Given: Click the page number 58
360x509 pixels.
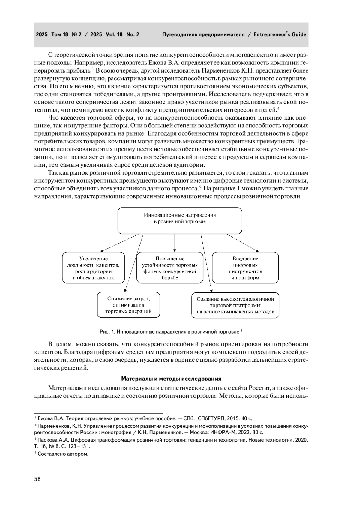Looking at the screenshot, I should [37, 479].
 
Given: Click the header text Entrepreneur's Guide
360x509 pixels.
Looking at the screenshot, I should [280, 34].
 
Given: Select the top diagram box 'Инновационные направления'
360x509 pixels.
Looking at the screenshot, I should [180, 220].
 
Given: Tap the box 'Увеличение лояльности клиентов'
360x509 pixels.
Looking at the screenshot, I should [94, 268].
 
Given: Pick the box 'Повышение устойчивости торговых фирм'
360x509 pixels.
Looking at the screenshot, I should [170, 268].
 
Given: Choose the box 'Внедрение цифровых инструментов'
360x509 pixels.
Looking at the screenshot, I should [245, 268].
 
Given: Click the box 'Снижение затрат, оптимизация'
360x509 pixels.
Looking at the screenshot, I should [128, 305].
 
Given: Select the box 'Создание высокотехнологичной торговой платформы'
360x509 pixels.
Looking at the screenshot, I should [235, 305].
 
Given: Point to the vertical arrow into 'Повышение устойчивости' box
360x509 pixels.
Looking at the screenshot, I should [175, 243].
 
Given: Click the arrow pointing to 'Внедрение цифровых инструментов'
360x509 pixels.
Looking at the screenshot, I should [243, 243].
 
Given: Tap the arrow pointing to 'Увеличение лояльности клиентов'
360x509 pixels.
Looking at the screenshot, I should [120, 243].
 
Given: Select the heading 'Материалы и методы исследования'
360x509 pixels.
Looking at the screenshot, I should [171, 378].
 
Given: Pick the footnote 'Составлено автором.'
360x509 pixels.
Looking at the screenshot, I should [63, 454].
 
